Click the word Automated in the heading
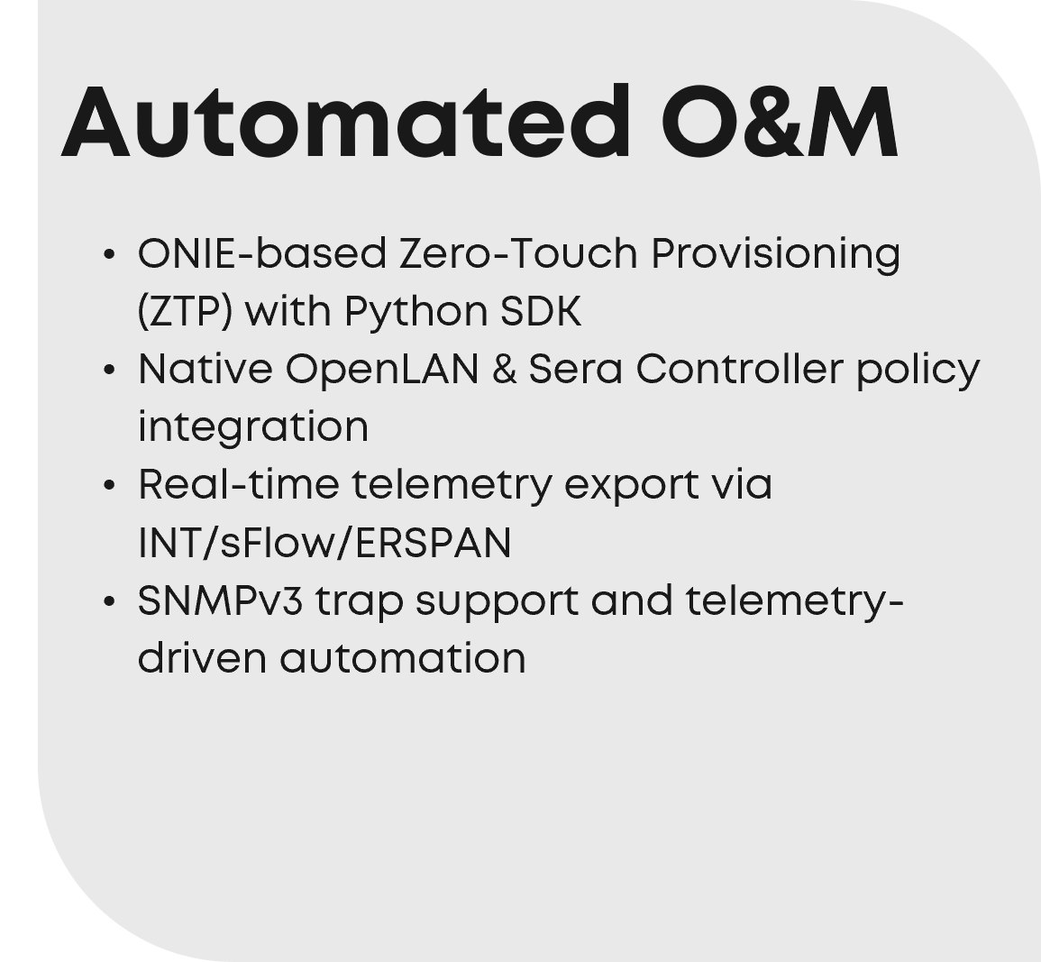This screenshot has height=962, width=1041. tap(344, 123)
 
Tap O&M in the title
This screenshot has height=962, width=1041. tap(781, 123)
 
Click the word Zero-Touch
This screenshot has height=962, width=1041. tap(518, 253)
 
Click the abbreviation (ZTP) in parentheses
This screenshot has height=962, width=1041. tap(186, 312)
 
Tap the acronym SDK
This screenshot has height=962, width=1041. tap(541, 311)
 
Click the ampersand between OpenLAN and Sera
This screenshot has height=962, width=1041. tap(504, 369)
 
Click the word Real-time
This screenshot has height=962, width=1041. tap(239, 485)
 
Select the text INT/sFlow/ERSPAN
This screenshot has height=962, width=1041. tap(324, 543)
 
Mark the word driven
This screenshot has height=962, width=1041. tap(203, 658)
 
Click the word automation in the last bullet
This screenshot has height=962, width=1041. tap(403, 658)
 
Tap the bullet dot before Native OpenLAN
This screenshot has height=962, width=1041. tap(110, 371)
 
